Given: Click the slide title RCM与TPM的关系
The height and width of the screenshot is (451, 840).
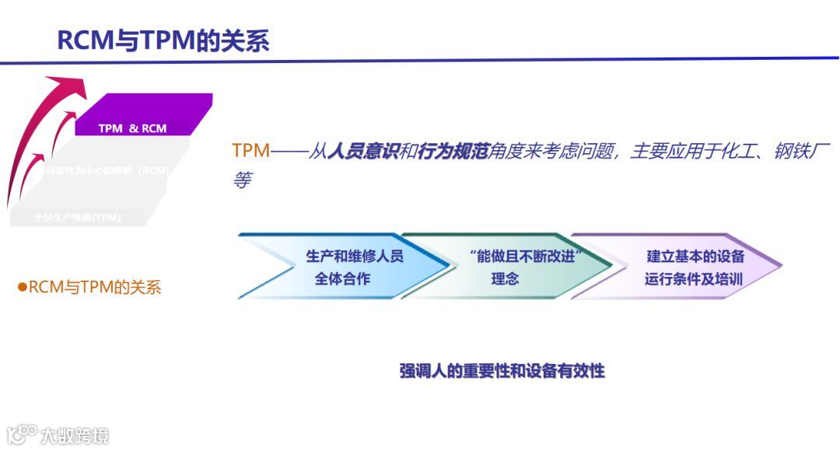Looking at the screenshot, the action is pyautogui.click(x=163, y=40).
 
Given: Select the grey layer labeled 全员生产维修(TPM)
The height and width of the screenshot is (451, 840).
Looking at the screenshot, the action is pyautogui.click(x=78, y=217).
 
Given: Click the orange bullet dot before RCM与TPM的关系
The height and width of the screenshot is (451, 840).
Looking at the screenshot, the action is pyautogui.click(x=23, y=288).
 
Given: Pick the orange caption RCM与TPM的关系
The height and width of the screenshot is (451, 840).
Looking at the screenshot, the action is pyautogui.click(x=94, y=288).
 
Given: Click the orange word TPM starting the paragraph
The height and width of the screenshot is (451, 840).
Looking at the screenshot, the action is pyautogui.click(x=250, y=151).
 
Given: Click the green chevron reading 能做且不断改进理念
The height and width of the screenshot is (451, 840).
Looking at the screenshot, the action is pyautogui.click(x=506, y=267).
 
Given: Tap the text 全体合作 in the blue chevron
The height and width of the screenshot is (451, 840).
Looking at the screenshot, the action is pyautogui.click(x=342, y=278).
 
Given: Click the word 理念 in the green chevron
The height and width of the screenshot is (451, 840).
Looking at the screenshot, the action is pyautogui.click(x=505, y=278).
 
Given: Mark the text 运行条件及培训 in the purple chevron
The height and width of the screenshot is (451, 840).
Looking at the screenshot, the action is pyautogui.click(x=694, y=278).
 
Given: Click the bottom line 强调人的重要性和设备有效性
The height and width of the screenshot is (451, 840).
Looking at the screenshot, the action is pyautogui.click(x=502, y=371).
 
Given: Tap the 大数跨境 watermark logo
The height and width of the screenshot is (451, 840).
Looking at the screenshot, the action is pyautogui.click(x=58, y=434).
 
